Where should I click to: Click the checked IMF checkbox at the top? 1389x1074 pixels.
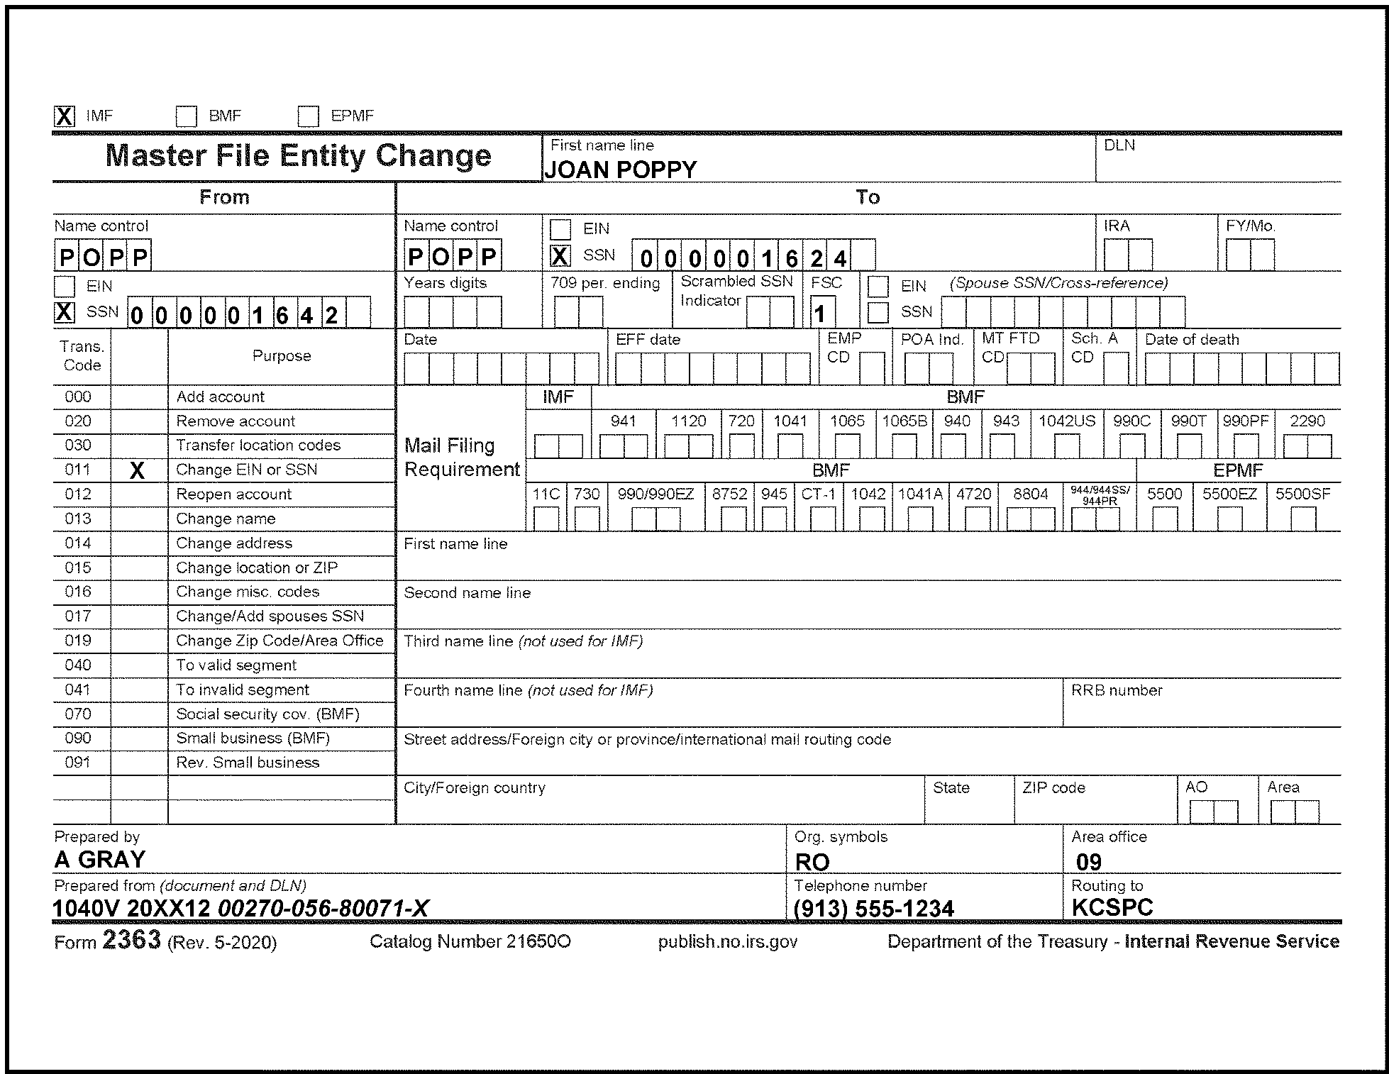click(x=65, y=116)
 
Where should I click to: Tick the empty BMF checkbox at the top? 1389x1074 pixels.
click(x=186, y=116)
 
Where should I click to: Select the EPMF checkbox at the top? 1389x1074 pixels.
click(x=308, y=116)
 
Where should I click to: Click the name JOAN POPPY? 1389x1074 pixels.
click(x=620, y=170)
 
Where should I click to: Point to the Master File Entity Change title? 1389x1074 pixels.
click(x=298, y=156)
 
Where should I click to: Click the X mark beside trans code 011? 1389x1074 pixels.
click(x=138, y=470)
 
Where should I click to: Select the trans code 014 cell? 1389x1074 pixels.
click(x=78, y=543)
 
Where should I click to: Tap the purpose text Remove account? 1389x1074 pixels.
click(x=236, y=421)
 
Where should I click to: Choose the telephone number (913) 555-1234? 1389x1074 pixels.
click(x=874, y=909)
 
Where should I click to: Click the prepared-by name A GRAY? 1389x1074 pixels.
click(x=100, y=860)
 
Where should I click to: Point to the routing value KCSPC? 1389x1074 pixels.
click(x=1112, y=907)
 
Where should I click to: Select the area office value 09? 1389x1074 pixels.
click(x=1089, y=862)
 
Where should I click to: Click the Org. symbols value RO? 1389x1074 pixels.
click(x=812, y=862)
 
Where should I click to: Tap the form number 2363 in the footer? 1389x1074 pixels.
click(x=132, y=940)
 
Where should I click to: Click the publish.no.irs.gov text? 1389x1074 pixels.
click(x=728, y=942)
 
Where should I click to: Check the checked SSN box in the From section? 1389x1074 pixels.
click(x=65, y=312)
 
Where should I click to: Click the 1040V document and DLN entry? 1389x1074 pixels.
click(x=240, y=909)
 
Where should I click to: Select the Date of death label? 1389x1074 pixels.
click(x=1192, y=340)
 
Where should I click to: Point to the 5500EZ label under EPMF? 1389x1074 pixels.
click(x=1229, y=494)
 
